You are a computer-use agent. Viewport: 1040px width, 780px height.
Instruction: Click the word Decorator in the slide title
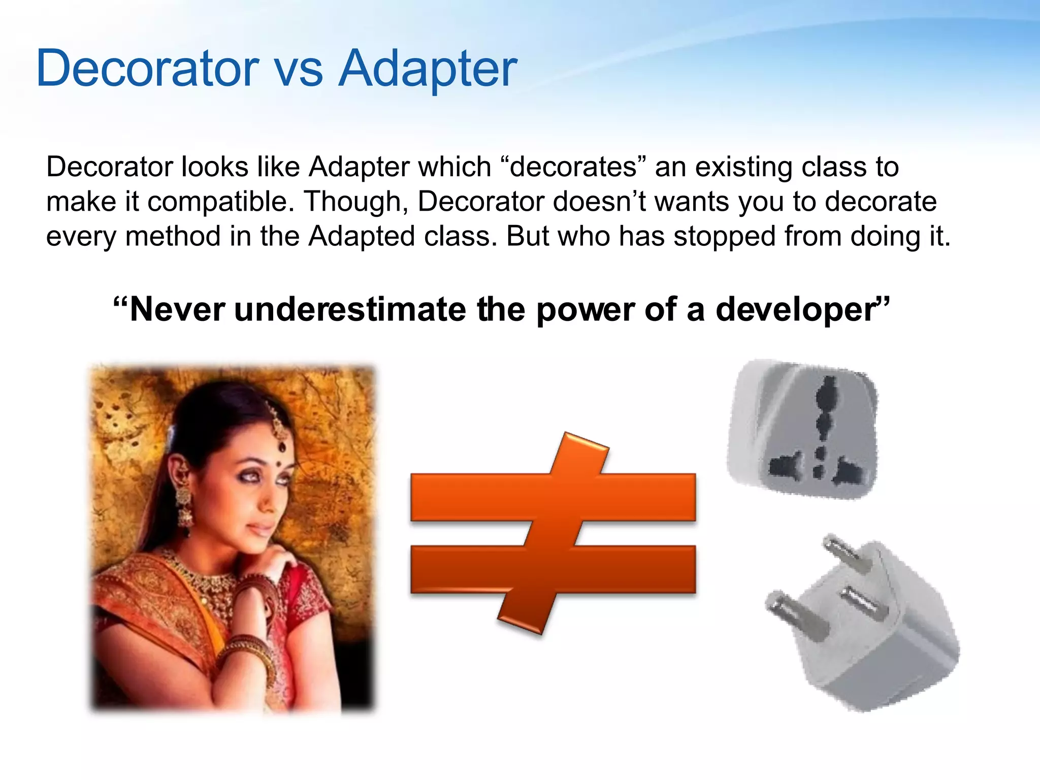coord(147,69)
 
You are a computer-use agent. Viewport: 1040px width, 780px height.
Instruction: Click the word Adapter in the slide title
coord(428,69)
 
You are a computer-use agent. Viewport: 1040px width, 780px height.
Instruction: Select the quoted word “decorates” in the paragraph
coord(573,167)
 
